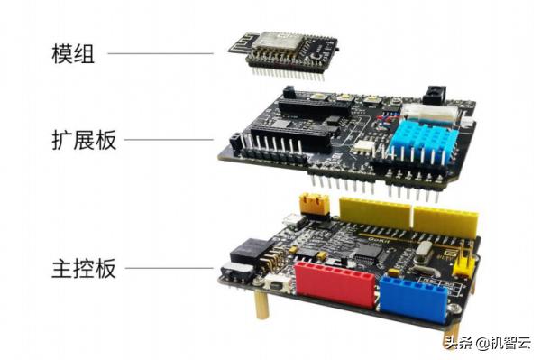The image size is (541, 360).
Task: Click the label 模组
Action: pyautogui.click(x=73, y=53)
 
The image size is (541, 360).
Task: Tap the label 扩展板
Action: pyautogui.click(x=84, y=140)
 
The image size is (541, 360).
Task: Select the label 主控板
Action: pyautogui.click(x=84, y=268)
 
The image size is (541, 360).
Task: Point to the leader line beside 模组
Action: pyautogui.click(x=160, y=53)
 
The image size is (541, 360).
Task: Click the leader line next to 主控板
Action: pyautogui.click(x=170, y=268)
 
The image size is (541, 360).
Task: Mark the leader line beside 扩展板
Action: pyautogui.click(x=169, y=140)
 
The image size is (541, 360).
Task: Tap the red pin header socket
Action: pyautogui.click(x=335, y=284)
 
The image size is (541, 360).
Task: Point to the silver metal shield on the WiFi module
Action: pyautogui.click(x=278, y=41)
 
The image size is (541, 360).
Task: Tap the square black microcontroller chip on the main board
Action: pyautogui.click(x=370, y=254)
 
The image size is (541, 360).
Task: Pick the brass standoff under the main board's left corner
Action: pyautogui.click(x=262, y=305)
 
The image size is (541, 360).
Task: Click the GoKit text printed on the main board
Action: pyautogui.click(x=379, y=240)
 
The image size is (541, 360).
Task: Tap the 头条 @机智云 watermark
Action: pyautogui.click(x=488, y=343)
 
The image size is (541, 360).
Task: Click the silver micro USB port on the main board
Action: pyautogui.click(x=291, y=218)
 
